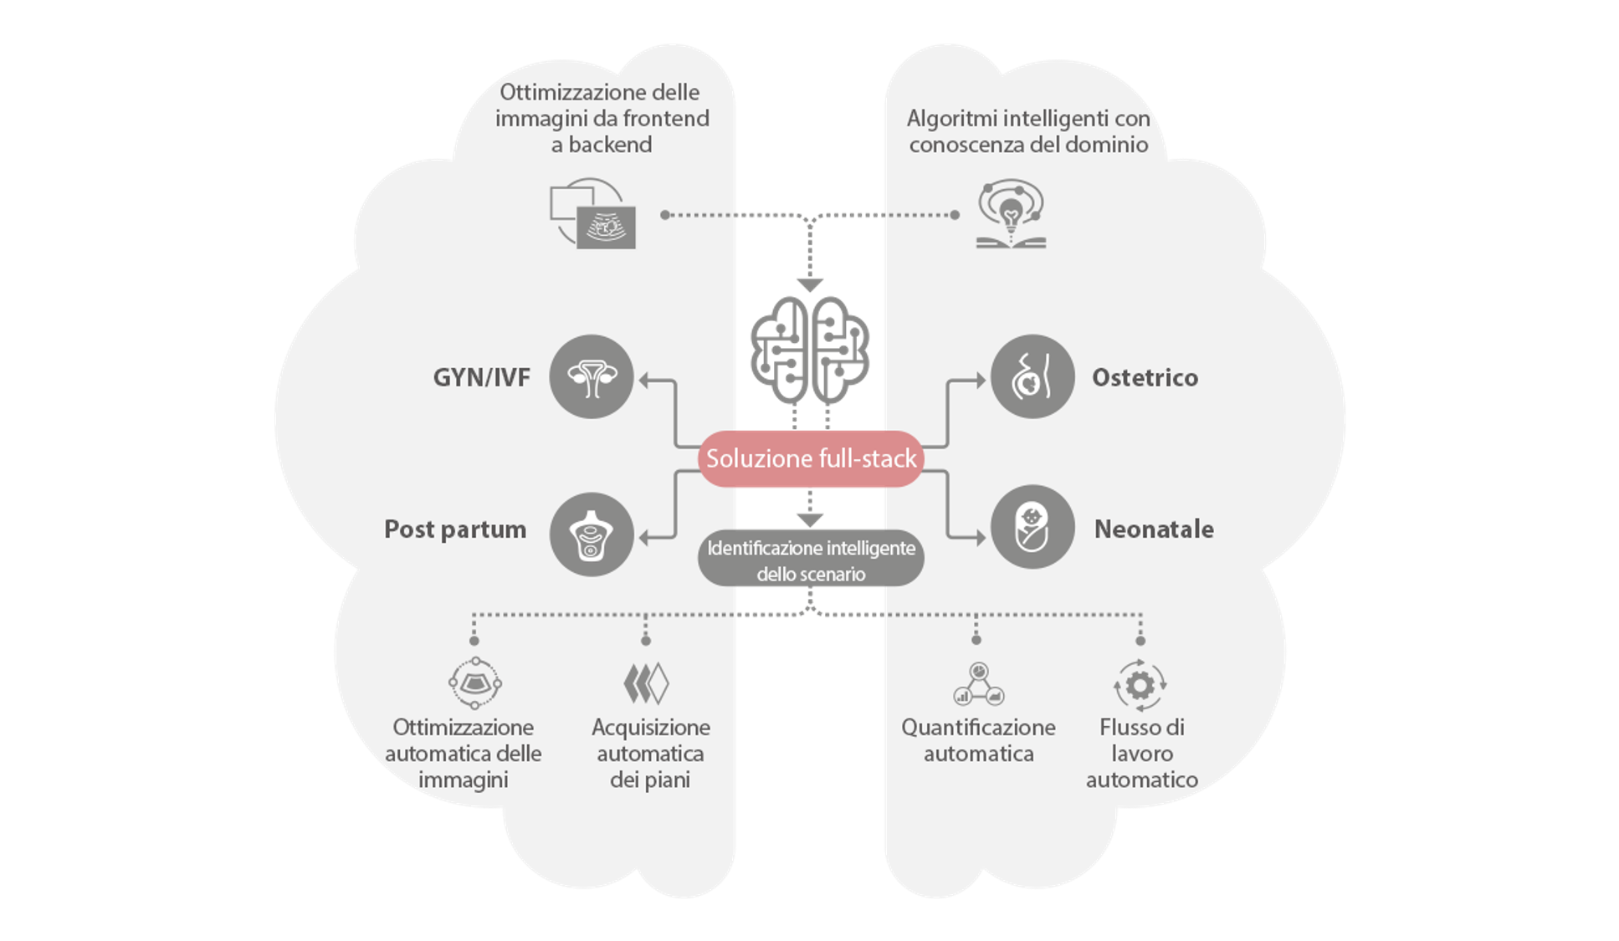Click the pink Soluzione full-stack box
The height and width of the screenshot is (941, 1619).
click(810, 458)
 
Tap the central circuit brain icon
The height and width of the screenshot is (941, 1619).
click(809, 350)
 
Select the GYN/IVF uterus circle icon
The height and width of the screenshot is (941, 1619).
click(592, 377)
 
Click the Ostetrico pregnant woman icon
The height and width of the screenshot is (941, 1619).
click(1032, 377)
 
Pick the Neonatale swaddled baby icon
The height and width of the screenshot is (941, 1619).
click(1032, 528)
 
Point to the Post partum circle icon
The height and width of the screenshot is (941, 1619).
click(592, 534)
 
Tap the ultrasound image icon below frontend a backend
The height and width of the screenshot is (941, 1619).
click(593, 214)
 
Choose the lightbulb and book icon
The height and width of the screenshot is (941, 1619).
click(1011, 214)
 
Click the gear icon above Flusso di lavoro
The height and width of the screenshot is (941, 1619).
click(1140, 685)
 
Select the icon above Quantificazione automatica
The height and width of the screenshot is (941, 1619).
click(978, 684)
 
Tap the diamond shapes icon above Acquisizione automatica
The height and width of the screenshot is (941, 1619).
click(646, 683)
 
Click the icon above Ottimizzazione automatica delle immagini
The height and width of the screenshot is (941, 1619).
click(474, 683)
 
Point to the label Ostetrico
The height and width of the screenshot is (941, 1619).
click(1145, 378)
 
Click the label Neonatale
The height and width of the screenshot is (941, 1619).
click(1154, 529)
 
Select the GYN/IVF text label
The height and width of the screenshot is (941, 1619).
click(481, 378)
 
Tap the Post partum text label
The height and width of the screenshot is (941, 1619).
click(455, 529)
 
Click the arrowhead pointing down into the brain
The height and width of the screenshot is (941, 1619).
click(809, 284)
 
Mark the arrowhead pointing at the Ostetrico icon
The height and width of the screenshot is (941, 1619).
click(980, 381)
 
